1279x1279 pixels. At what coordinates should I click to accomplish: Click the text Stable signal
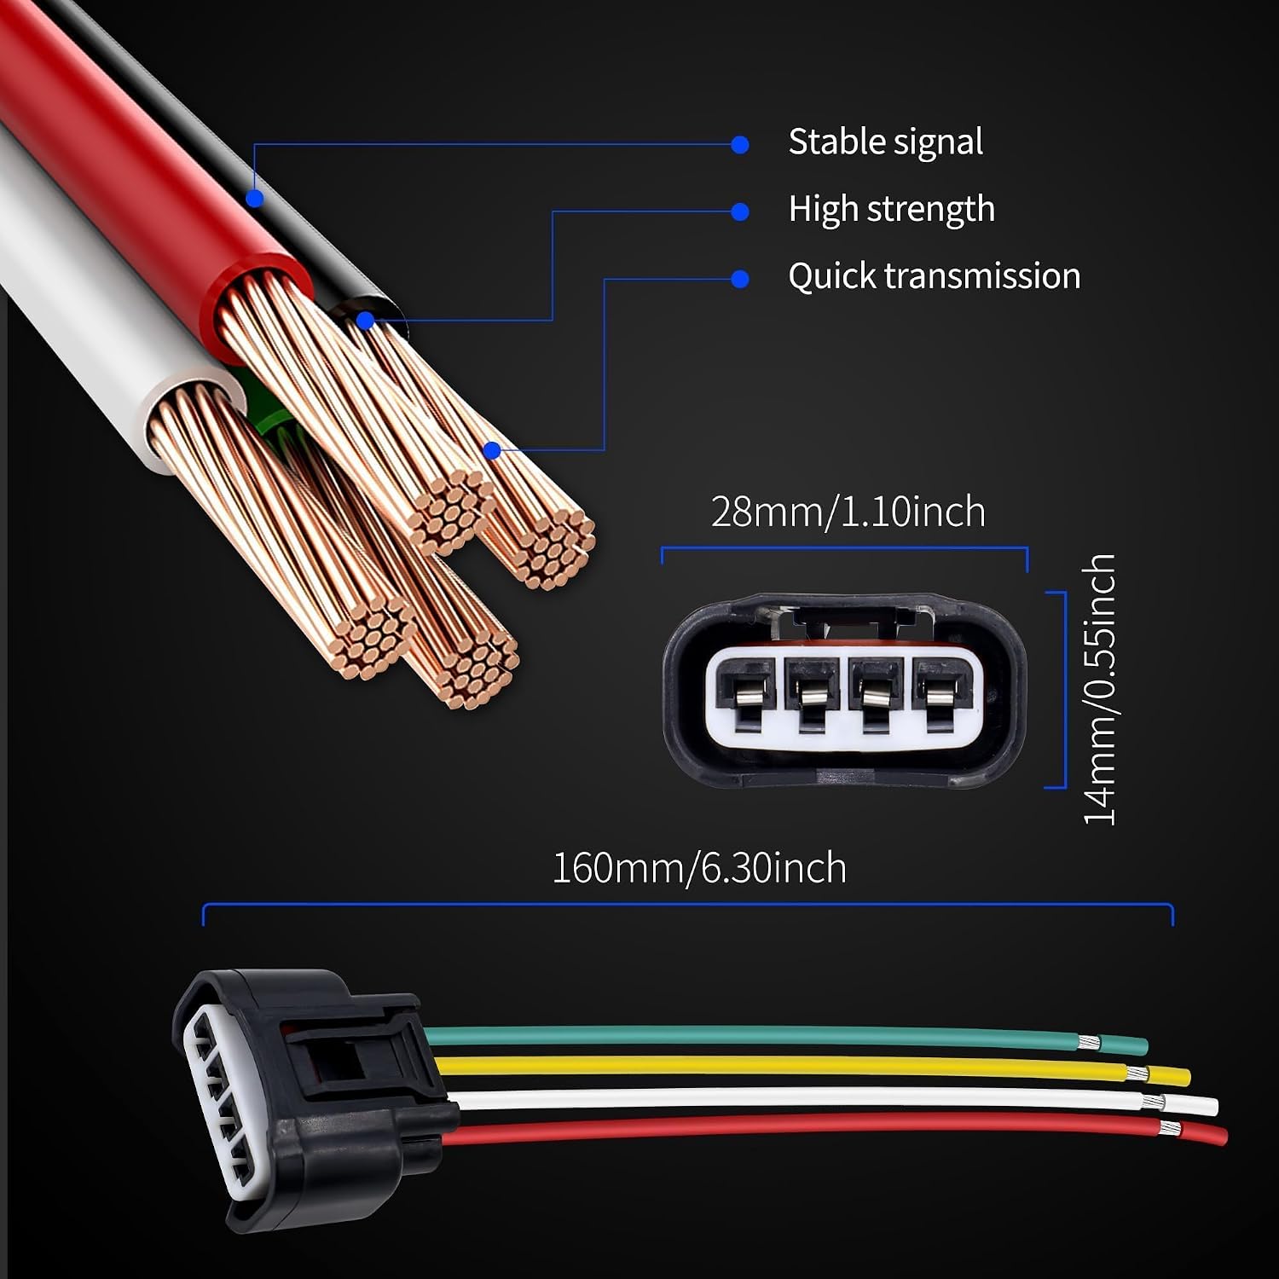(885, 142)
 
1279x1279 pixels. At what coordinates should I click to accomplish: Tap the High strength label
(891, 210)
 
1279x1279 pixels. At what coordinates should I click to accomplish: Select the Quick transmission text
(935, 276)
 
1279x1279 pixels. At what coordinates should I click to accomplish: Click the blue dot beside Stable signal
(740, 145)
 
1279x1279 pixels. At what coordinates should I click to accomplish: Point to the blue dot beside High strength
(740, 211)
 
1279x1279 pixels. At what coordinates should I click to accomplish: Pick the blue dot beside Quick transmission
(740, 279)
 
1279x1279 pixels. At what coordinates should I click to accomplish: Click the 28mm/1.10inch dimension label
(848, 512)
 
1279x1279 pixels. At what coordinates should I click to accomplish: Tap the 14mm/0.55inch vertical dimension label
(1099, 689)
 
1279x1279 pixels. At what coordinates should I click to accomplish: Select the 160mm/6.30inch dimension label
(699, 868)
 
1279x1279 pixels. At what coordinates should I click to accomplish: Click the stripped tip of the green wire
(1088, 1041)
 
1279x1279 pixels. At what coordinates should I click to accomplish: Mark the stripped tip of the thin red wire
(1170, 1131)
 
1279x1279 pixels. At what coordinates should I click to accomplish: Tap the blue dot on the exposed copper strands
(492, 450)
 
